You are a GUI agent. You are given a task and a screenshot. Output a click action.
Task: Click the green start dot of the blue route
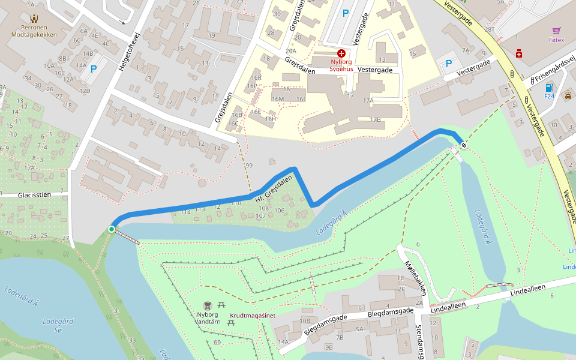tap(112, 229)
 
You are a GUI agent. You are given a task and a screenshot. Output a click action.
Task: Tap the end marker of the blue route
tap(464, 145)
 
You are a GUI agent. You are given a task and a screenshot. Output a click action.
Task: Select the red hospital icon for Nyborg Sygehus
tap(341, 53)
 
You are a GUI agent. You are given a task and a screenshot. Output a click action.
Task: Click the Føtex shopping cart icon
tap(557, 31)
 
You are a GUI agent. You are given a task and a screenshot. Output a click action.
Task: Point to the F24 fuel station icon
tap(548, 88)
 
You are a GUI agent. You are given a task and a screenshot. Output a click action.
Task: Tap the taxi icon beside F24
tap(568, 94)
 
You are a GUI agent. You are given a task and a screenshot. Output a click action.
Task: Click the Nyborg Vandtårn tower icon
tap(208, 305)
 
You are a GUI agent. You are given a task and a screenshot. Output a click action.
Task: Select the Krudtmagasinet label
tap(252, 315)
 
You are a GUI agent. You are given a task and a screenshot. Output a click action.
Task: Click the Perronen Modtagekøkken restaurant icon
tap(34, 19)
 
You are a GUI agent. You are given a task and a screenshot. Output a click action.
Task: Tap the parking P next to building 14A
tap(93, 69)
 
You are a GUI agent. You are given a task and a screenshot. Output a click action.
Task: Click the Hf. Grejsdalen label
tap(274, 188)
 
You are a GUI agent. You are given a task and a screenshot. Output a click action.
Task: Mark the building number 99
tap(249, 166)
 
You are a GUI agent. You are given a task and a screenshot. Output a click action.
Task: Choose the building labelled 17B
tap(376, 119)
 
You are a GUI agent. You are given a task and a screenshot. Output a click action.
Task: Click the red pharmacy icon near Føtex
tap(519, 54)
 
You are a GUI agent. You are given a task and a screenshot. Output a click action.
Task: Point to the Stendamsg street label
tap(420, 342)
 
